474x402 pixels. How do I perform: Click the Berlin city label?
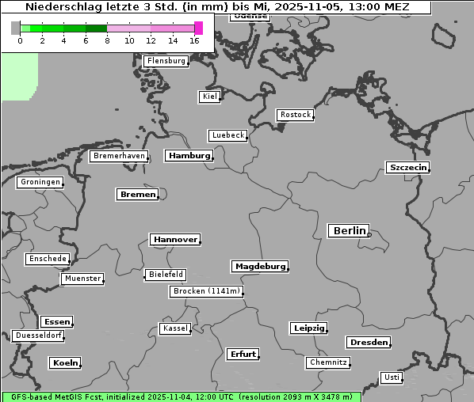[349, 231]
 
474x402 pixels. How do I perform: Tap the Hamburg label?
[189, 156]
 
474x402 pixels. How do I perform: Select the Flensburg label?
[166, 61]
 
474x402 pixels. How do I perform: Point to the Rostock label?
[295, 115]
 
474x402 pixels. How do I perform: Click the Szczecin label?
[407, 167]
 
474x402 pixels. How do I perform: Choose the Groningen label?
[40, 182]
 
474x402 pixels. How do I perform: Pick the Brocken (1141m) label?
[205, 291]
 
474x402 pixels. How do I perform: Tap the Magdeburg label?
[259, 267]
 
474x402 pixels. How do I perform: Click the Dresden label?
[368, 343]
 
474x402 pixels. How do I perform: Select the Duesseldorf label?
[39, 336]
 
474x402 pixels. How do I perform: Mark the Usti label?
[391, 377]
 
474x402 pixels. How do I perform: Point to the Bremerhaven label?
[119, 156]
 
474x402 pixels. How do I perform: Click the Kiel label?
[209, 97]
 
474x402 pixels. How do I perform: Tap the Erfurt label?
[243, 354]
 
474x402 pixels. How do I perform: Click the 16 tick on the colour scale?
[195, 40]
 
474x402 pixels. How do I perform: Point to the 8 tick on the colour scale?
[107, 40]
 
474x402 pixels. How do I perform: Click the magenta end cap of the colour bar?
[198, 28]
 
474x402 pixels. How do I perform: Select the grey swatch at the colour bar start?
[16, 28]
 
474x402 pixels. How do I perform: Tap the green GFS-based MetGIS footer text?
[181, 396]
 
